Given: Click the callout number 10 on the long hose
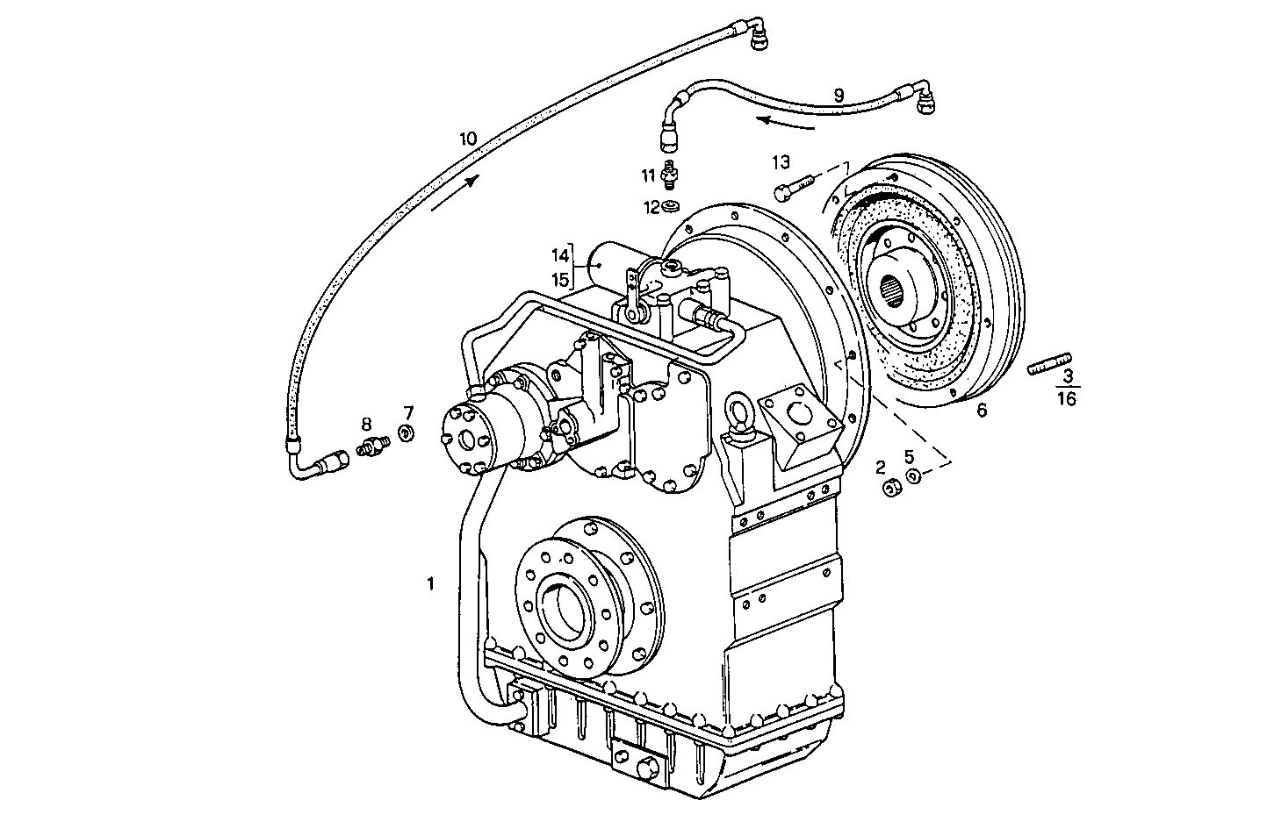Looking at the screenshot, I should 467,139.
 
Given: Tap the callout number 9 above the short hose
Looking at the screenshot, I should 839,94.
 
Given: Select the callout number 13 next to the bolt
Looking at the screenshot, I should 781,162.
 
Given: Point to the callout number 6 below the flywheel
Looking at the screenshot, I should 982,410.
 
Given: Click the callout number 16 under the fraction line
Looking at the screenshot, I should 1067,398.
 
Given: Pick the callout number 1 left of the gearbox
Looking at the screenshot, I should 430,582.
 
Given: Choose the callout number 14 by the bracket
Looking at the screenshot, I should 560,256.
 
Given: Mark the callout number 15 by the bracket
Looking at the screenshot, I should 560,279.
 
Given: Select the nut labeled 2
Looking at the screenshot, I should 889,487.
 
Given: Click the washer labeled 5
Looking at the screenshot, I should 913,476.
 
